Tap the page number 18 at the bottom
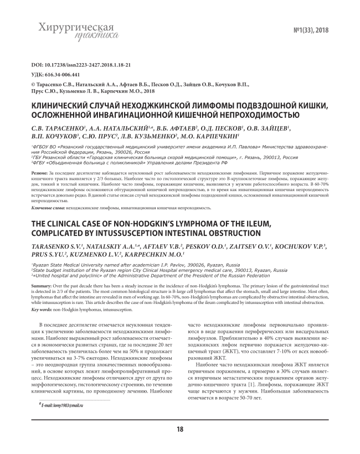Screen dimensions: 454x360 (x=180, y=430)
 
